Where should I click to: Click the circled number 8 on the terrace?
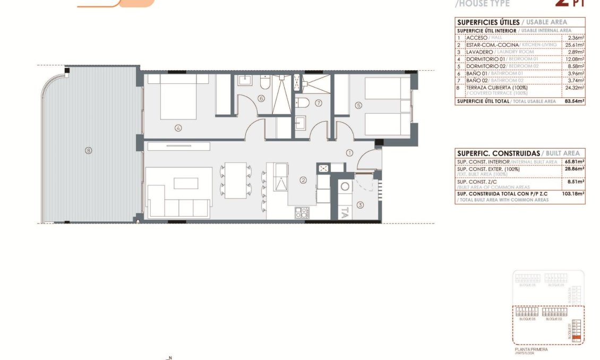89,150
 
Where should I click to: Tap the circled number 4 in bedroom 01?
178,127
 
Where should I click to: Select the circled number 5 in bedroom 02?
358,106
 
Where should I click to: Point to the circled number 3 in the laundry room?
359,205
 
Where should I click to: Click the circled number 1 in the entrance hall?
349,153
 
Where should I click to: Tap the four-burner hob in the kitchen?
302,213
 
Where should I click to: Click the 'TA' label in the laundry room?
344,213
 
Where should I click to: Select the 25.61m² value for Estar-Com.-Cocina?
576,45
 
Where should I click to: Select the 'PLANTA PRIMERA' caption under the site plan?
532,349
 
